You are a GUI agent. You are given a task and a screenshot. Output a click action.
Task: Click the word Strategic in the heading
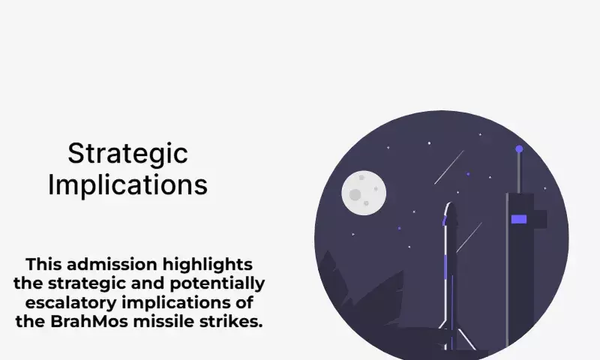click(x=127, y=154)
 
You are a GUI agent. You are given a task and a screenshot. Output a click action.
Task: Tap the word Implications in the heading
click(x=127, y=184)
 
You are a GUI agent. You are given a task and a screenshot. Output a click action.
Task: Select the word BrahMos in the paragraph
click(x=89, y=321)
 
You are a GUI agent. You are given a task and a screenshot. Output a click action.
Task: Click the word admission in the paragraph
click(x=113, y=264)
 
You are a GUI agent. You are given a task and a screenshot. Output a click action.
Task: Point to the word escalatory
click(x=70, y=302)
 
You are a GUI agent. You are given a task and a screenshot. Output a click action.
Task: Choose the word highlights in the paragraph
click(x=208, y=265)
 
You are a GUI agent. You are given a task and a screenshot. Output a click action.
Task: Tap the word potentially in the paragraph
click(x=217, y=283)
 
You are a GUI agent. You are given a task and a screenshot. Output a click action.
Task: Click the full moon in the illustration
click(x=364, y=193)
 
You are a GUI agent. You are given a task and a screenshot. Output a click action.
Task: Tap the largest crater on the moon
click(x=355, y=195)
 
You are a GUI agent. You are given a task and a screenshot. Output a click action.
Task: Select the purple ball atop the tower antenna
click(x=519, y=148)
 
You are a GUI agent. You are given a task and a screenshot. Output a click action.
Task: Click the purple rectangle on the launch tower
click(x=519, y=219)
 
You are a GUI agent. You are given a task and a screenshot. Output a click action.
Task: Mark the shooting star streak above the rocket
click(x=448, y=167)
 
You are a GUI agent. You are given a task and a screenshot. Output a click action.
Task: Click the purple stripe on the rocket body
click(x=445, y=268)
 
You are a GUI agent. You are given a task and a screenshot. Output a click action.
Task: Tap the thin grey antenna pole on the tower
click(x=519, y=173)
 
